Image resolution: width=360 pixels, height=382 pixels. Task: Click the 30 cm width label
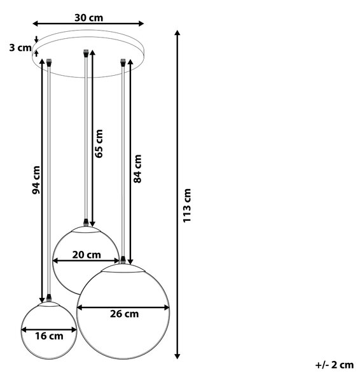(88, 18)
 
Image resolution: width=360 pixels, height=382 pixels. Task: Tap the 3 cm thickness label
(20, 48)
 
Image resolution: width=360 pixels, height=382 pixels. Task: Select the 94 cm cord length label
(36, 180)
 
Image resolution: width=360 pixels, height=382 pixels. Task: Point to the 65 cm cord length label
(99, 144)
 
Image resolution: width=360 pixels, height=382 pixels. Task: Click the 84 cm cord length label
(137, 169)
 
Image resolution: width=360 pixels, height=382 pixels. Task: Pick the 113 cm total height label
(187, 206)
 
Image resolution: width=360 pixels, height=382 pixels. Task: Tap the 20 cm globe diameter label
(87, 255)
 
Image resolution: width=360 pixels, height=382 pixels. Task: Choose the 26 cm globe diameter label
(125, 314)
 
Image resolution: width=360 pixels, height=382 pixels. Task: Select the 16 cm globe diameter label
(49, 336)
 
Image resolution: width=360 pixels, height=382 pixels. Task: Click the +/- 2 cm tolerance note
(335, 365)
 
